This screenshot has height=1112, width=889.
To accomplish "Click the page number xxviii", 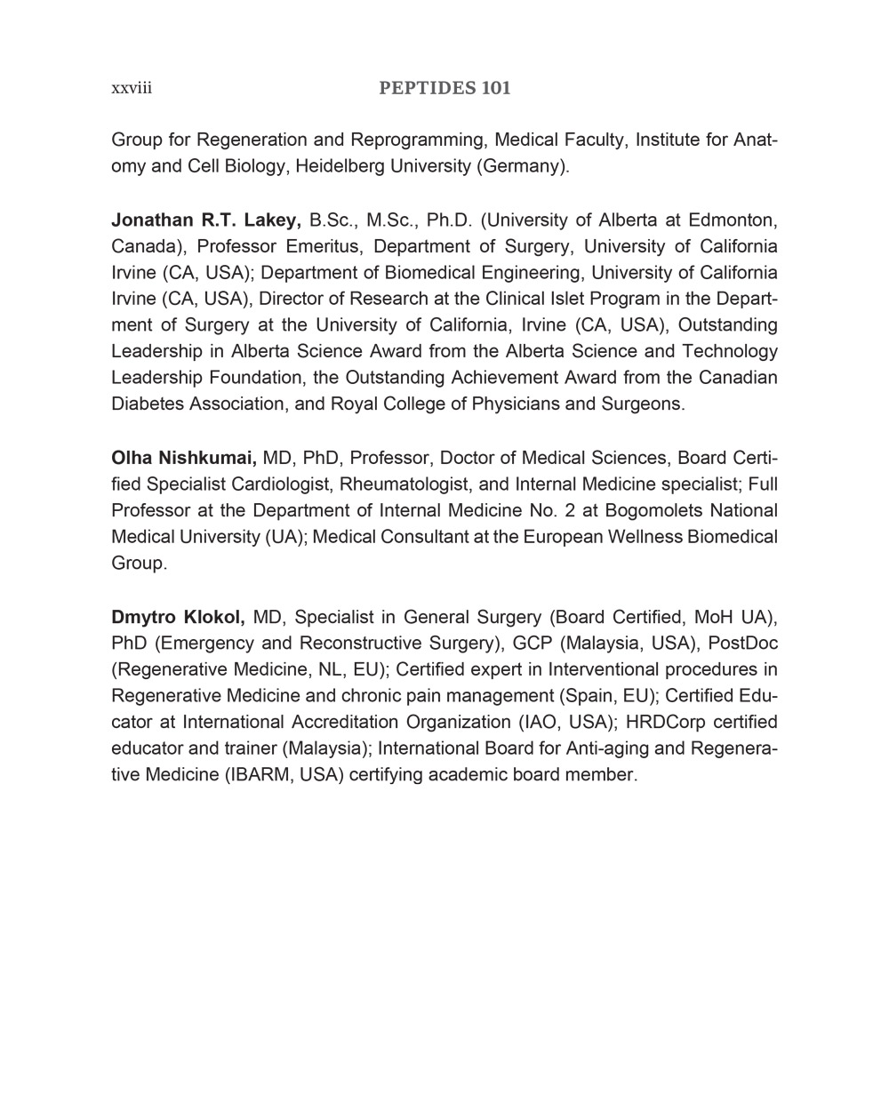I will [132, 88].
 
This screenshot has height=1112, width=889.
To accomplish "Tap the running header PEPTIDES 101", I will [444, 88].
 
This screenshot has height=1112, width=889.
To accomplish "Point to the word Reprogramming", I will [417, 140].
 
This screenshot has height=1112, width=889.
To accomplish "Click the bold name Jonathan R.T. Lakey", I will [206, 220].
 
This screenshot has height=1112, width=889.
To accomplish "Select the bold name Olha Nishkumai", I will [184, 458].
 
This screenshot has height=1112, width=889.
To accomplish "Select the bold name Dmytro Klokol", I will [178, 617].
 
